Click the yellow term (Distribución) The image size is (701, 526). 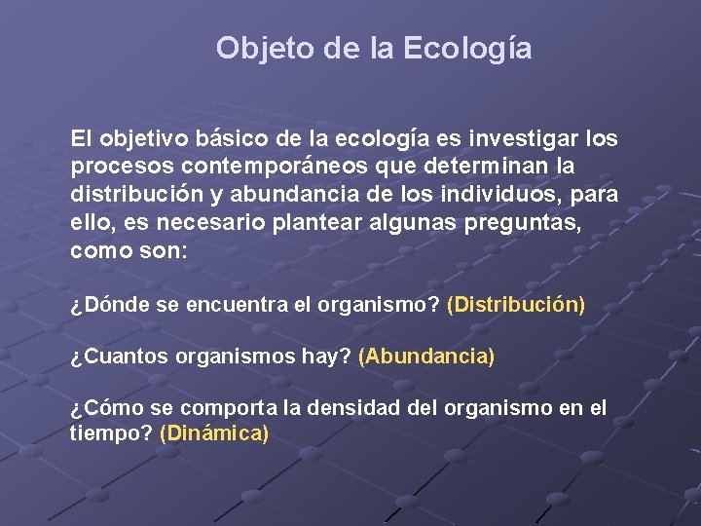(516, 305)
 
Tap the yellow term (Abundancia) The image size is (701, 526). (426, 357)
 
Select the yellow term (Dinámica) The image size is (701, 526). (213, 432)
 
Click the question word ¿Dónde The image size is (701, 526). (110, 305)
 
